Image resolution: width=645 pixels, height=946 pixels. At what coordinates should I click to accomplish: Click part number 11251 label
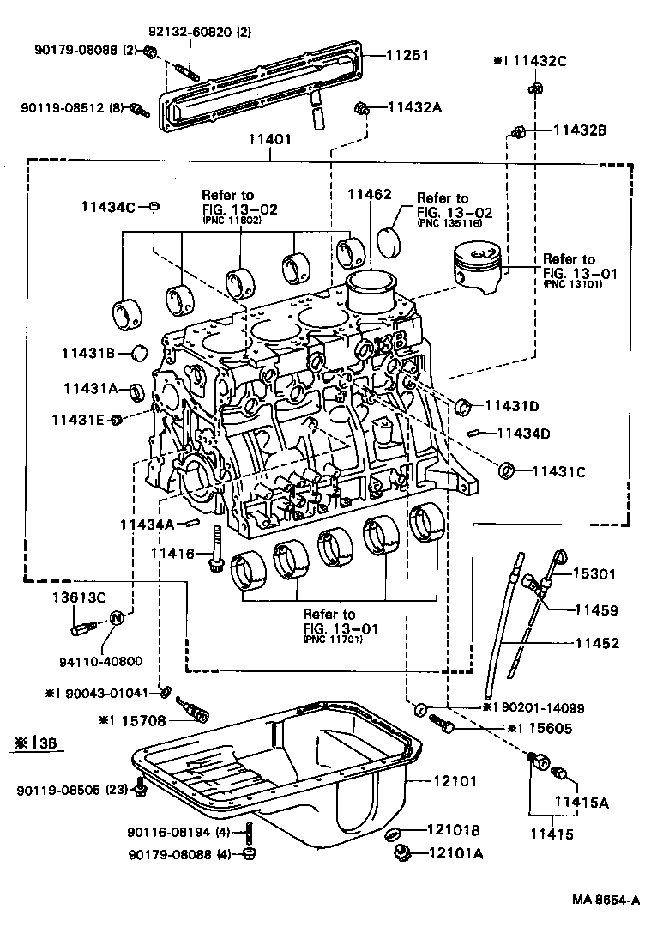tap(406, 54)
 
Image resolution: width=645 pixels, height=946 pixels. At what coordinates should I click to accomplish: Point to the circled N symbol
tap(118, 619)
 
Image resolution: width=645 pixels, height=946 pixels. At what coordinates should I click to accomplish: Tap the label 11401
tap(269, 138)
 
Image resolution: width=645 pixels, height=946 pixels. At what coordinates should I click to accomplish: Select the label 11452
tap(597, 640)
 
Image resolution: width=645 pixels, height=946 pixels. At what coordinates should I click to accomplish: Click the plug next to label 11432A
tap(361, 107)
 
